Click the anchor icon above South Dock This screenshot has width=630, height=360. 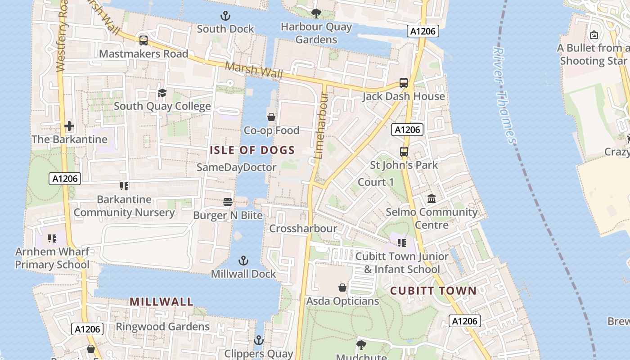[225, 16]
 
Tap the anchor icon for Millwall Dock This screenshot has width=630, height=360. [243, 261]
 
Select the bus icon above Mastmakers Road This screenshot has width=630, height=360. [143, 40]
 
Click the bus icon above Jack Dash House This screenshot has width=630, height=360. [404, 83]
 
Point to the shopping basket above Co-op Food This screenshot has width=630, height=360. [271, 117]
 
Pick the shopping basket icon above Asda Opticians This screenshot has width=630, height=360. [342, 287]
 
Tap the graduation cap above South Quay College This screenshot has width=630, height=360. [162, 93]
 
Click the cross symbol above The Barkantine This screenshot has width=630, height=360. [69, 126]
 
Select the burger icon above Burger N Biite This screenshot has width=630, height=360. [228, 202]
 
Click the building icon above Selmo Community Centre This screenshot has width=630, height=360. [432, 198]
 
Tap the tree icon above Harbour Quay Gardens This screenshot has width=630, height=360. [316, 13]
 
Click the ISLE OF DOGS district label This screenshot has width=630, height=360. [252, 150]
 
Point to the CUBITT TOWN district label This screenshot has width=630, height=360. [433, 291]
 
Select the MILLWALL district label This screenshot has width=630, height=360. [162, 301]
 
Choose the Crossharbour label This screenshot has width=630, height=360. [303, 229]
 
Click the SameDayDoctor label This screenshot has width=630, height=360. [236, 167]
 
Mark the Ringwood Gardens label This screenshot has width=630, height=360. [162, 327]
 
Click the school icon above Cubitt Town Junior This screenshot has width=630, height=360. [402, 243]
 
